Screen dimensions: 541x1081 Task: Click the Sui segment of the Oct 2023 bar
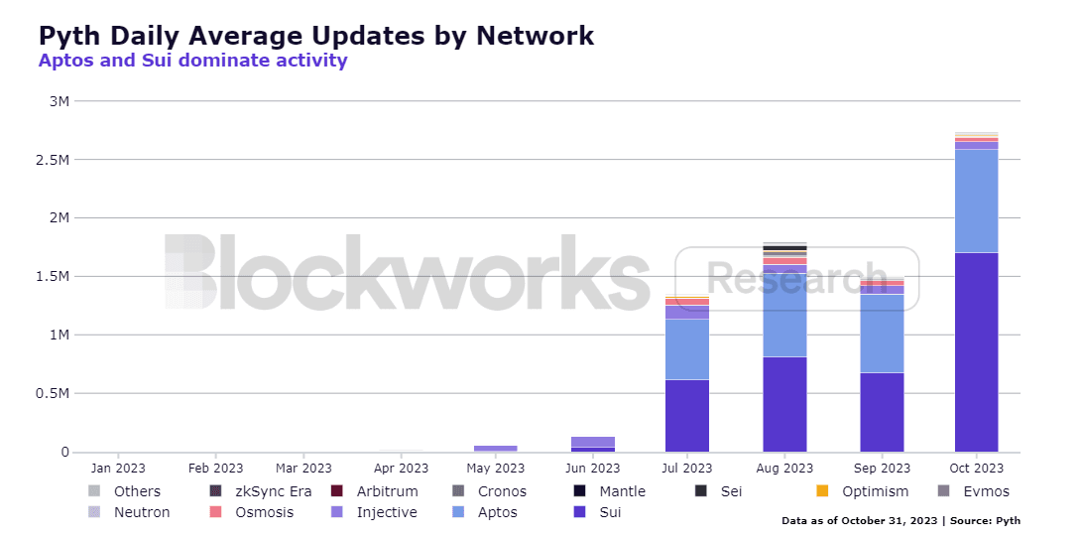[976, 352]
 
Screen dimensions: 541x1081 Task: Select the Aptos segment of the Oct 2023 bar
[976, 201]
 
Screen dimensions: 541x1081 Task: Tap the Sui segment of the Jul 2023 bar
[686, 416]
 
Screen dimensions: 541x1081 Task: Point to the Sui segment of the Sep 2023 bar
[882, 412]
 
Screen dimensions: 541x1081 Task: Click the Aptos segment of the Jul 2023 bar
[686, 349]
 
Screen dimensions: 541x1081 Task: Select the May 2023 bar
[495, 449]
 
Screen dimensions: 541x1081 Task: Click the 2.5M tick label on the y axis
[57, 160]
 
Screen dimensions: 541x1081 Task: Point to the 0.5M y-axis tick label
[57, 394]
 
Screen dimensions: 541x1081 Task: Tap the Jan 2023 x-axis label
[118, 469]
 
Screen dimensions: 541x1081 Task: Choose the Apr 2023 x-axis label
[400, 469]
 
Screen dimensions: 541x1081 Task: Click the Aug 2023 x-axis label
[784, 469]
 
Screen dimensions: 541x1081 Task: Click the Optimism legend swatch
[822, 491]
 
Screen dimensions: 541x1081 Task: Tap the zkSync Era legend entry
[262, 491]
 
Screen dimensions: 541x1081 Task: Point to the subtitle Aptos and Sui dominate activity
[192, 61]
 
